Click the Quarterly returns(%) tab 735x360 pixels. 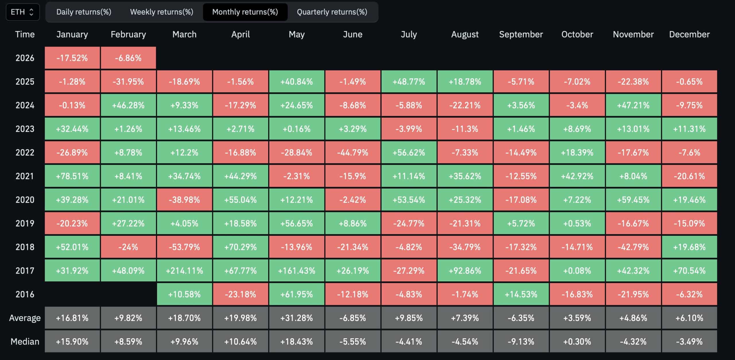pos(332,12)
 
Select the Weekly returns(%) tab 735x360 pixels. pos(161,12)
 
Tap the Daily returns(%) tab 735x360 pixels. pos(84,12)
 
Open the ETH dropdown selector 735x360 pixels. pos(23,12)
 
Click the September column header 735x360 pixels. pos(521,34)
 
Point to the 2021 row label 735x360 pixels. pos(25,176)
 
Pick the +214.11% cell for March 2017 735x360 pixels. pos(184,271)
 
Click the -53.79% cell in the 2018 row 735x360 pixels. pos(184,247)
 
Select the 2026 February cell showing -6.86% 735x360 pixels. pos(128,58)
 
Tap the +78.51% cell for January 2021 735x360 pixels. pos(72,176)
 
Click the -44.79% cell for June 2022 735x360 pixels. pos(353,152)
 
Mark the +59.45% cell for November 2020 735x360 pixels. pos(633,200)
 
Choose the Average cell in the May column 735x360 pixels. pos(297,318)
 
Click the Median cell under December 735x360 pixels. pos(689,341)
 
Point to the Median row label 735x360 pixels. pos(25,341)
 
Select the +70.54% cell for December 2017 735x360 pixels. pos(689,271)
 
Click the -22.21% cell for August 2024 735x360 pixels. pos(465,105)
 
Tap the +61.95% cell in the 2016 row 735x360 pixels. pos(297,294)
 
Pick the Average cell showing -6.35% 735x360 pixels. pos(521,318)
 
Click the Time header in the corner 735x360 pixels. pos(25,34)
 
